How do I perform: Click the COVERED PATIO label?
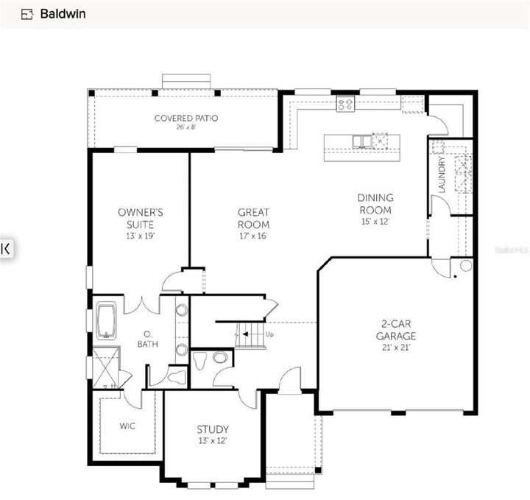[x=185, y=118]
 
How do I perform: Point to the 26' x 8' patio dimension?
[x=185, y=127]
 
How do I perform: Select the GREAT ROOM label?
[x=253, y=219]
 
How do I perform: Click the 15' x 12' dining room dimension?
[x=375, y=221]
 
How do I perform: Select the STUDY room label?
[x=212, y=429]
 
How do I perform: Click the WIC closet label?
[x=127, y=426]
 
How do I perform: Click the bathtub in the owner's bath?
[x=106, y=322]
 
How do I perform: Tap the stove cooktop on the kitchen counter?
[x=346, y=105]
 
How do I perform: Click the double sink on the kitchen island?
[x=361, y=141]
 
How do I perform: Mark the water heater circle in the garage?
[x=465, y=266]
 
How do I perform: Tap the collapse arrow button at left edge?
[x=6, y=248]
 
